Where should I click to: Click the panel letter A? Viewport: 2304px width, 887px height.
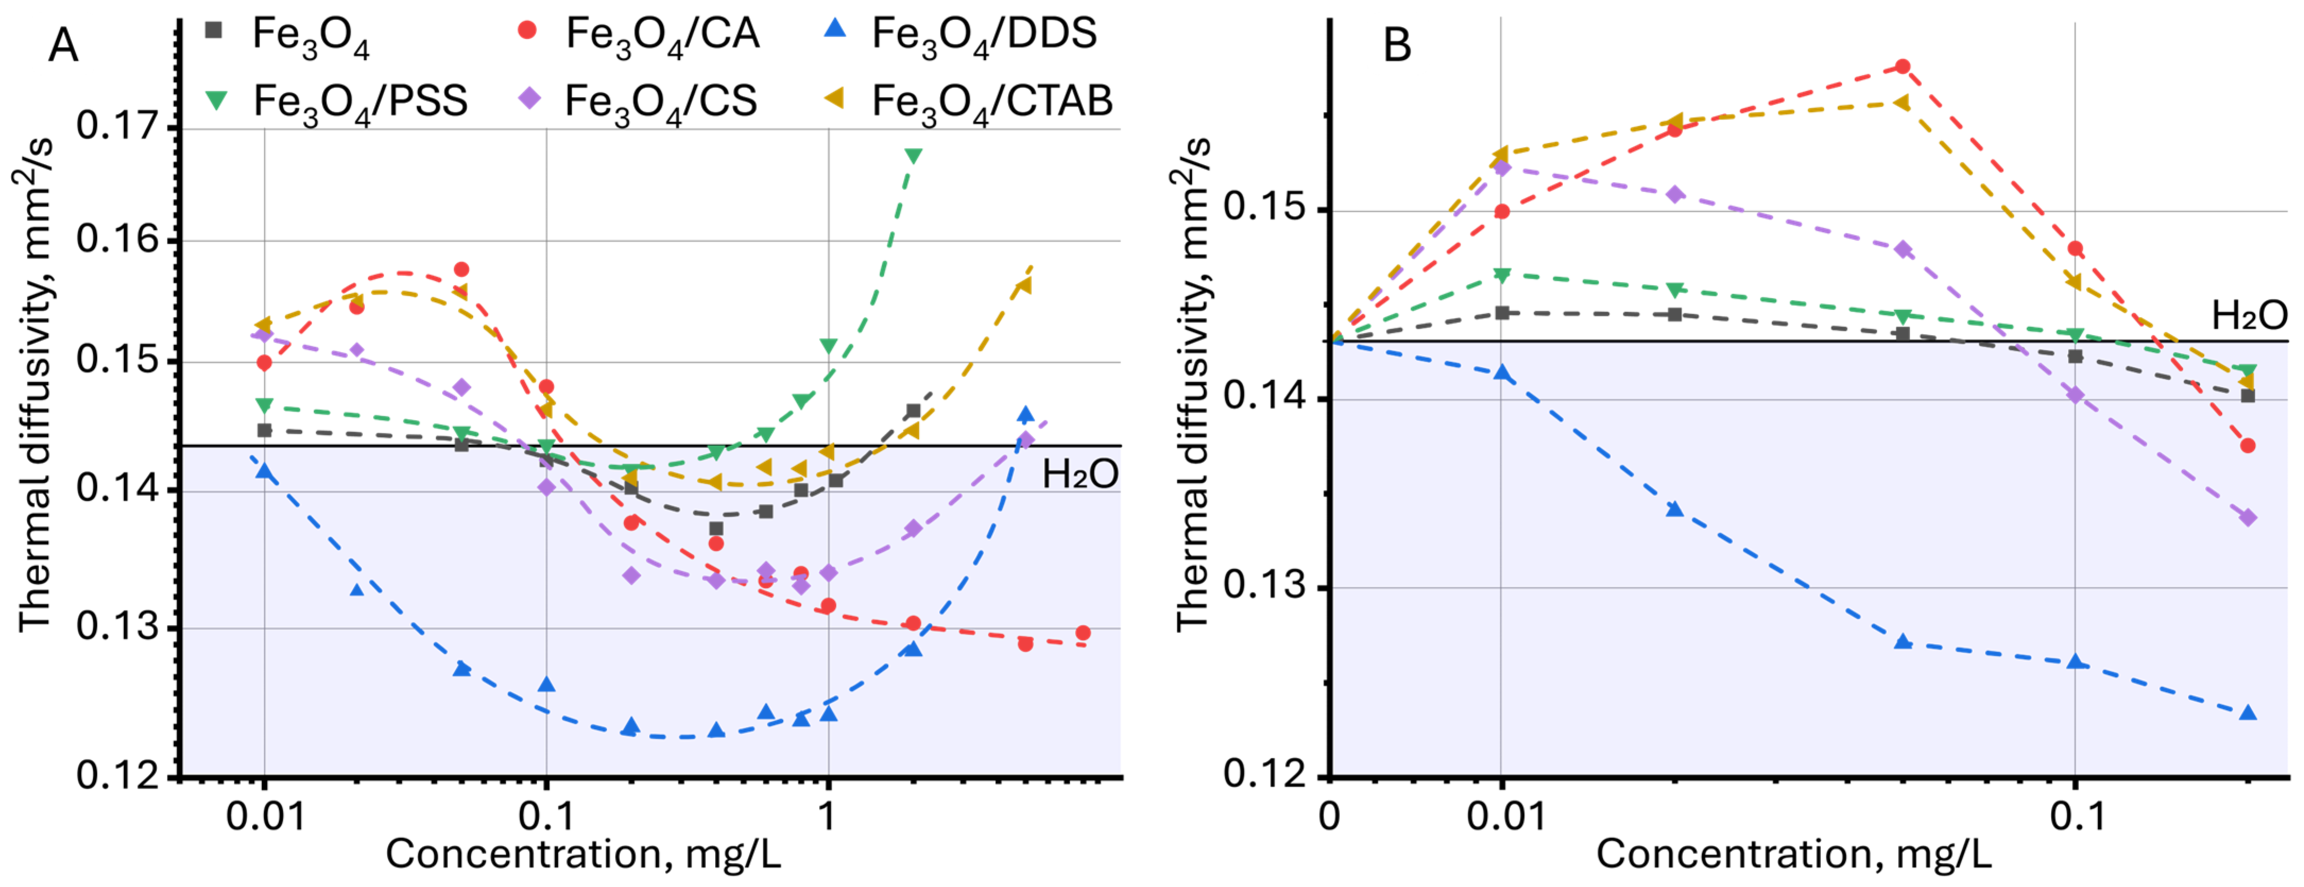click(63, 45)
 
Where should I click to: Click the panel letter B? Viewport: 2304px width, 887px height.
click(1397, 45)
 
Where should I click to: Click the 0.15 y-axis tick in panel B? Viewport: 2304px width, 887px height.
click(1262, 209)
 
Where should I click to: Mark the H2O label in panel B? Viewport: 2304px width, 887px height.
click(2249, 315)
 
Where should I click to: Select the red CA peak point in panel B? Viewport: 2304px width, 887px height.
click(1903, 66)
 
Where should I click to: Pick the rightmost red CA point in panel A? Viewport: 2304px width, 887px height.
click(1083, 633)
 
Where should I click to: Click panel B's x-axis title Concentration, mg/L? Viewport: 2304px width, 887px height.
click(1793, 854)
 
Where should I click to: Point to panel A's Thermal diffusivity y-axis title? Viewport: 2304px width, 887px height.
click(36, 385)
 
